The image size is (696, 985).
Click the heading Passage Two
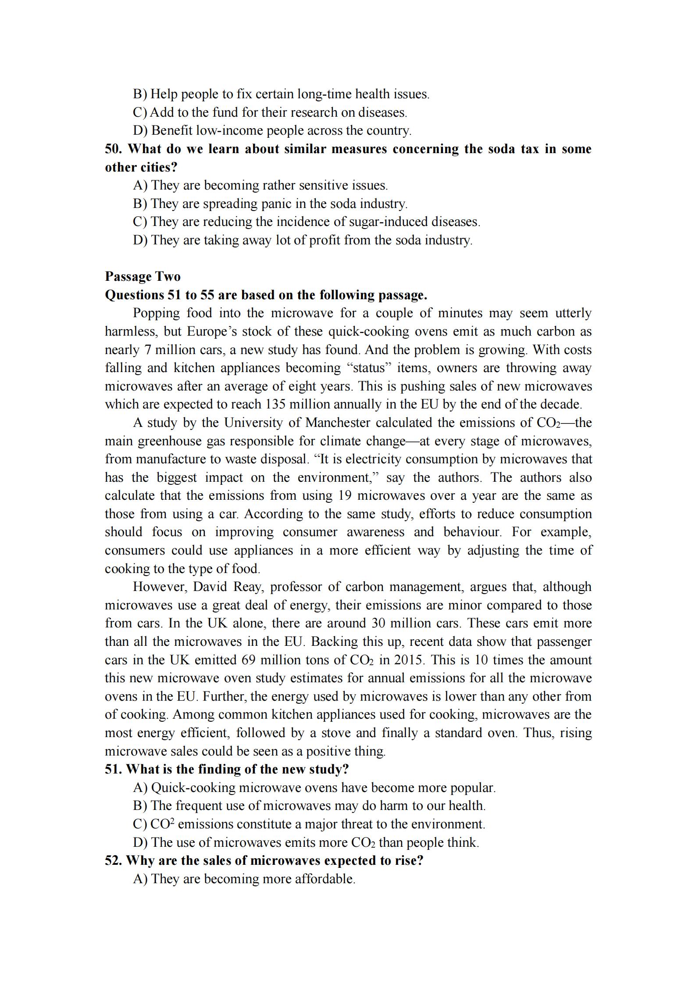pyautogui.click(x=143, y=276)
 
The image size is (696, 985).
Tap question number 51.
pyautogui.click(x=113, y=769)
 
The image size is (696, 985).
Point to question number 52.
pyautogui.click(x=113, y=860)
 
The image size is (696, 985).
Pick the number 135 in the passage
pyautogui.click(x=275, y=404)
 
